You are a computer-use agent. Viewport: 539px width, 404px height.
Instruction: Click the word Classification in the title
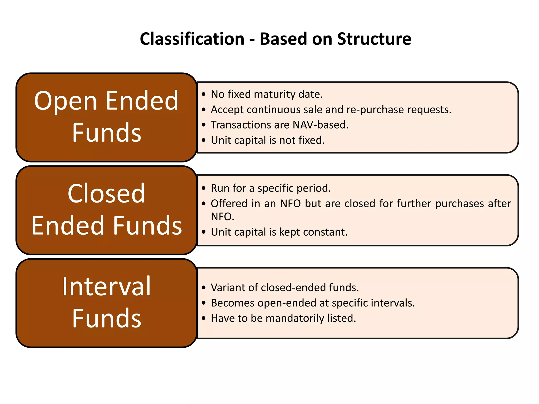click(x=192, y=39)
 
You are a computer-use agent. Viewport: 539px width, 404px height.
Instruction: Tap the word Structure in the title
click(x=374, y=39)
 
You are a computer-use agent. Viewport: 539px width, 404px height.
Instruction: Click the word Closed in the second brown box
click(x=106, y=194)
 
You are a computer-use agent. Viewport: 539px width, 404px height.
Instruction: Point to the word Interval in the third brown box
click(x=106, y=287)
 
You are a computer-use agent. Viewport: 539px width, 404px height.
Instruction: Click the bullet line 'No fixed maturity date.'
click(x=267, y=94)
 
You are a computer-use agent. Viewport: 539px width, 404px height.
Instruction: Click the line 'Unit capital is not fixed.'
click(x=268, y=140)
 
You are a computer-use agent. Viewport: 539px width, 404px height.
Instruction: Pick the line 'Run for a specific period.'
click(x=271, y=188)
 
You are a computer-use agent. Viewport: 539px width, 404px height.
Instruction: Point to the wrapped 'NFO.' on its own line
click(x=222, y=217)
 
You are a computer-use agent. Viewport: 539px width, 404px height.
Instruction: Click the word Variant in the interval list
click(x=228, y=287)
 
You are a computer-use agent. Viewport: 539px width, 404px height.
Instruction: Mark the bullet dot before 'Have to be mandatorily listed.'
click(x=203, y=319)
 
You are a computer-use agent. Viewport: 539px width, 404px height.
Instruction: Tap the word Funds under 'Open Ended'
click(x=106, y=133)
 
